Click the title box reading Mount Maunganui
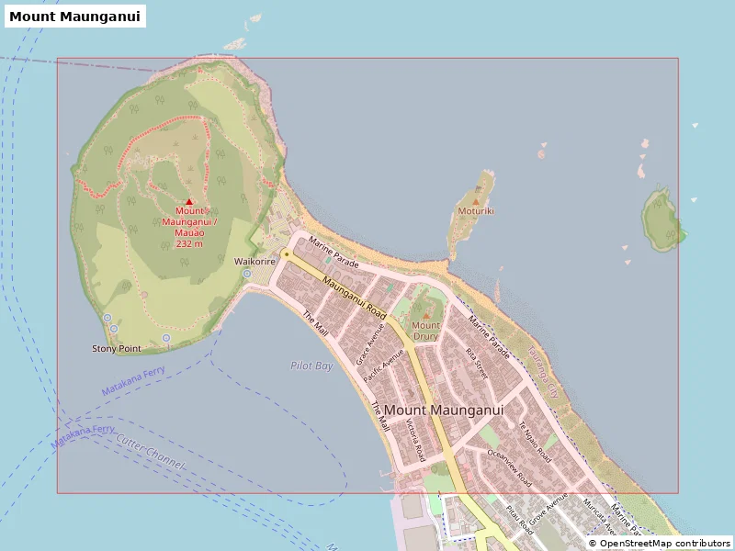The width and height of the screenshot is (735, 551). pyautogui.click(x=75, y=17)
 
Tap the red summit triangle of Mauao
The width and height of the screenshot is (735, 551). pyautogui.click(x=189, y=201)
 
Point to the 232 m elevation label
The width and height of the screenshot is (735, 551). pyautogui.click(x=189, y=244)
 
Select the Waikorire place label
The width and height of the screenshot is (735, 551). pyautogui.click(x=255, y=261)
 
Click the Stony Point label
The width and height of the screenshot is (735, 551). pyautogui.click(x=117, y=349)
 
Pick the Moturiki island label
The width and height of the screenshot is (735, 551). pyautogui.click(x=476, y=211)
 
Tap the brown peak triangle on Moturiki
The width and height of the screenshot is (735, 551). pyautogui.click(x=475, y=200)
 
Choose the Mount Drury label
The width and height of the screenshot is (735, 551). pyautogui.click(x=425, y=331)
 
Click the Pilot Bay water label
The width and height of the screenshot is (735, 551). pyautogui.click(x=311, y=365)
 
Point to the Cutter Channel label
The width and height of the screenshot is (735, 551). pyautogui.click(x=151, y=453)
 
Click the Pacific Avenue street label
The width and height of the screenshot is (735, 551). pyautogui.click(x=384, y=366)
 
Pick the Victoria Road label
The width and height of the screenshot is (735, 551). pyautogui.click(x=415, y=440)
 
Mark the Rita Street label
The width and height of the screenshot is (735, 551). pyautogui.click(x=476, y=363)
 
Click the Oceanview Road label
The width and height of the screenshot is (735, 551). pyautogui.click(x=509, y=467)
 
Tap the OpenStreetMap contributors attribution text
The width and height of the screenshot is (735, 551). pyautogui.click(x=660, y=544)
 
